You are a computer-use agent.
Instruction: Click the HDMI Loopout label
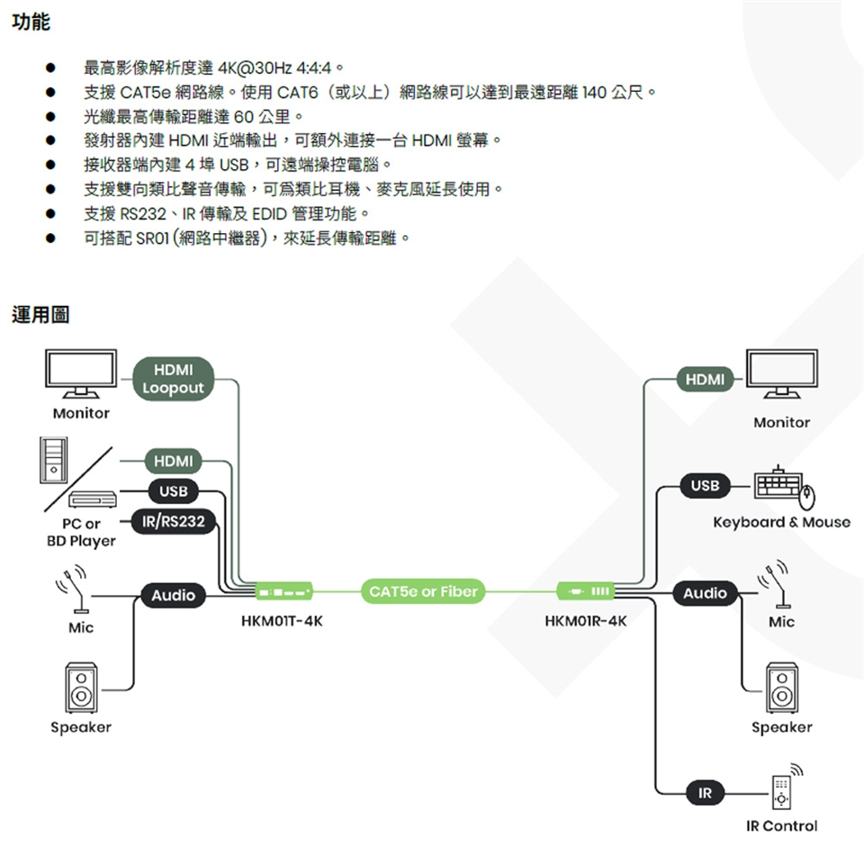(x=173, y=379)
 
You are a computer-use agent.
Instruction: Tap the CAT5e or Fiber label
(x=422, y=591)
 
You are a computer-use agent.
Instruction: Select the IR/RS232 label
(x=174, y=522)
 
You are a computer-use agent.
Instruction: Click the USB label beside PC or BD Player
(x=173, y=491)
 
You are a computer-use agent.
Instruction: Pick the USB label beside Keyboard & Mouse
(x=705, y=486)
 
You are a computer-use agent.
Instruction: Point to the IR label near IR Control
(x=705, y=793)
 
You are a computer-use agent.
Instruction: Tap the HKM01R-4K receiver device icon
(x=587, y=591)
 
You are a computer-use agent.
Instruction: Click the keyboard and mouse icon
(x=784, y=487)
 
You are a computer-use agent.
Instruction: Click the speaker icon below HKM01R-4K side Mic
(x=781, y=688)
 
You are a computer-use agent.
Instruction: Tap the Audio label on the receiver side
(x=705, y=593)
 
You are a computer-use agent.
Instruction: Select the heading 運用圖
(x=40, y=315)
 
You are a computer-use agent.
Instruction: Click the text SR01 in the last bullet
(x=154, y=238)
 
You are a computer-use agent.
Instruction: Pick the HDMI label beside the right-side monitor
(x=705, y=380)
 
